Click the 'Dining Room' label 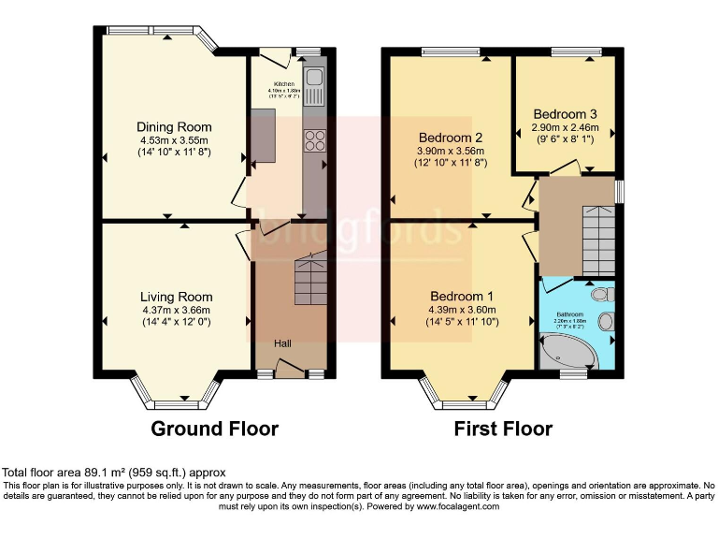click(174, 127)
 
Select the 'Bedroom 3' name click(565, 114)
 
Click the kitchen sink click(313, 86)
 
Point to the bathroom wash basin click(605, 322)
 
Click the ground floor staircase click(308, 282)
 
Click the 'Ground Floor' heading click(215, 430)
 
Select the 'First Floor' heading click(503, 430)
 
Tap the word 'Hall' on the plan click(283, 344)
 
